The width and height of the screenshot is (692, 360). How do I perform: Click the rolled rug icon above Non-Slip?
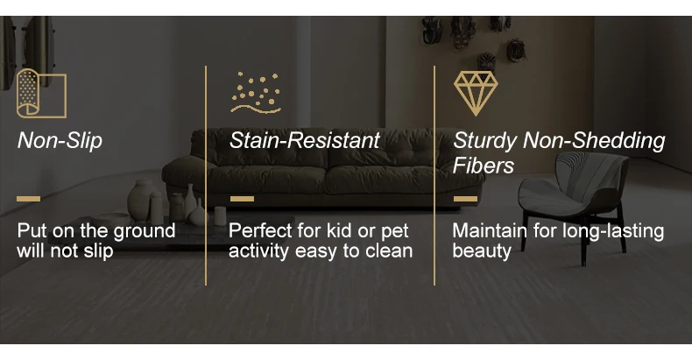pyautogui.click(x=41, y=94)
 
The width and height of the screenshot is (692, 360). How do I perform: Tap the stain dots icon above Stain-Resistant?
pyautogui.click(x=256, y=93)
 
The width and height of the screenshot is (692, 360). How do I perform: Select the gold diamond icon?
pyautogui.click(x=476, y=94)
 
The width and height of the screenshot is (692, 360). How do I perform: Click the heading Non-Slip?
pyautogui.click(x=60, y=141)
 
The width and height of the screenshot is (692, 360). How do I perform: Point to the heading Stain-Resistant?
pyautogui.click(x=305, y=140)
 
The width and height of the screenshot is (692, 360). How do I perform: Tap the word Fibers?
pyautogui.click(x=484, y=166)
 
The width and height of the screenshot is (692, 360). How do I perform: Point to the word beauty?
pyautogui.click(x=482, y=251)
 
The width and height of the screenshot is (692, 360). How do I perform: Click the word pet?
pyautogui.click(x=395, y=231)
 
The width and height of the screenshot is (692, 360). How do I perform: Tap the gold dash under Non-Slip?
pyautogui.click(x=28, y=199)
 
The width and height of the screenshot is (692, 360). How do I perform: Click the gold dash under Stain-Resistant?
pyautogui.click(x=242, y=199)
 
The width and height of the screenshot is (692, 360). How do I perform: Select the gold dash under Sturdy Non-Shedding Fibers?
pyautogui.click(x=466, y=199)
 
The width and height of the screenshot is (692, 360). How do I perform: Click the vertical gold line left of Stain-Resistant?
pyautogui.click(x=206, y=175)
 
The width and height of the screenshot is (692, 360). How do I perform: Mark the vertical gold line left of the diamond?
pyautogui.click(x=434, y=175)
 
